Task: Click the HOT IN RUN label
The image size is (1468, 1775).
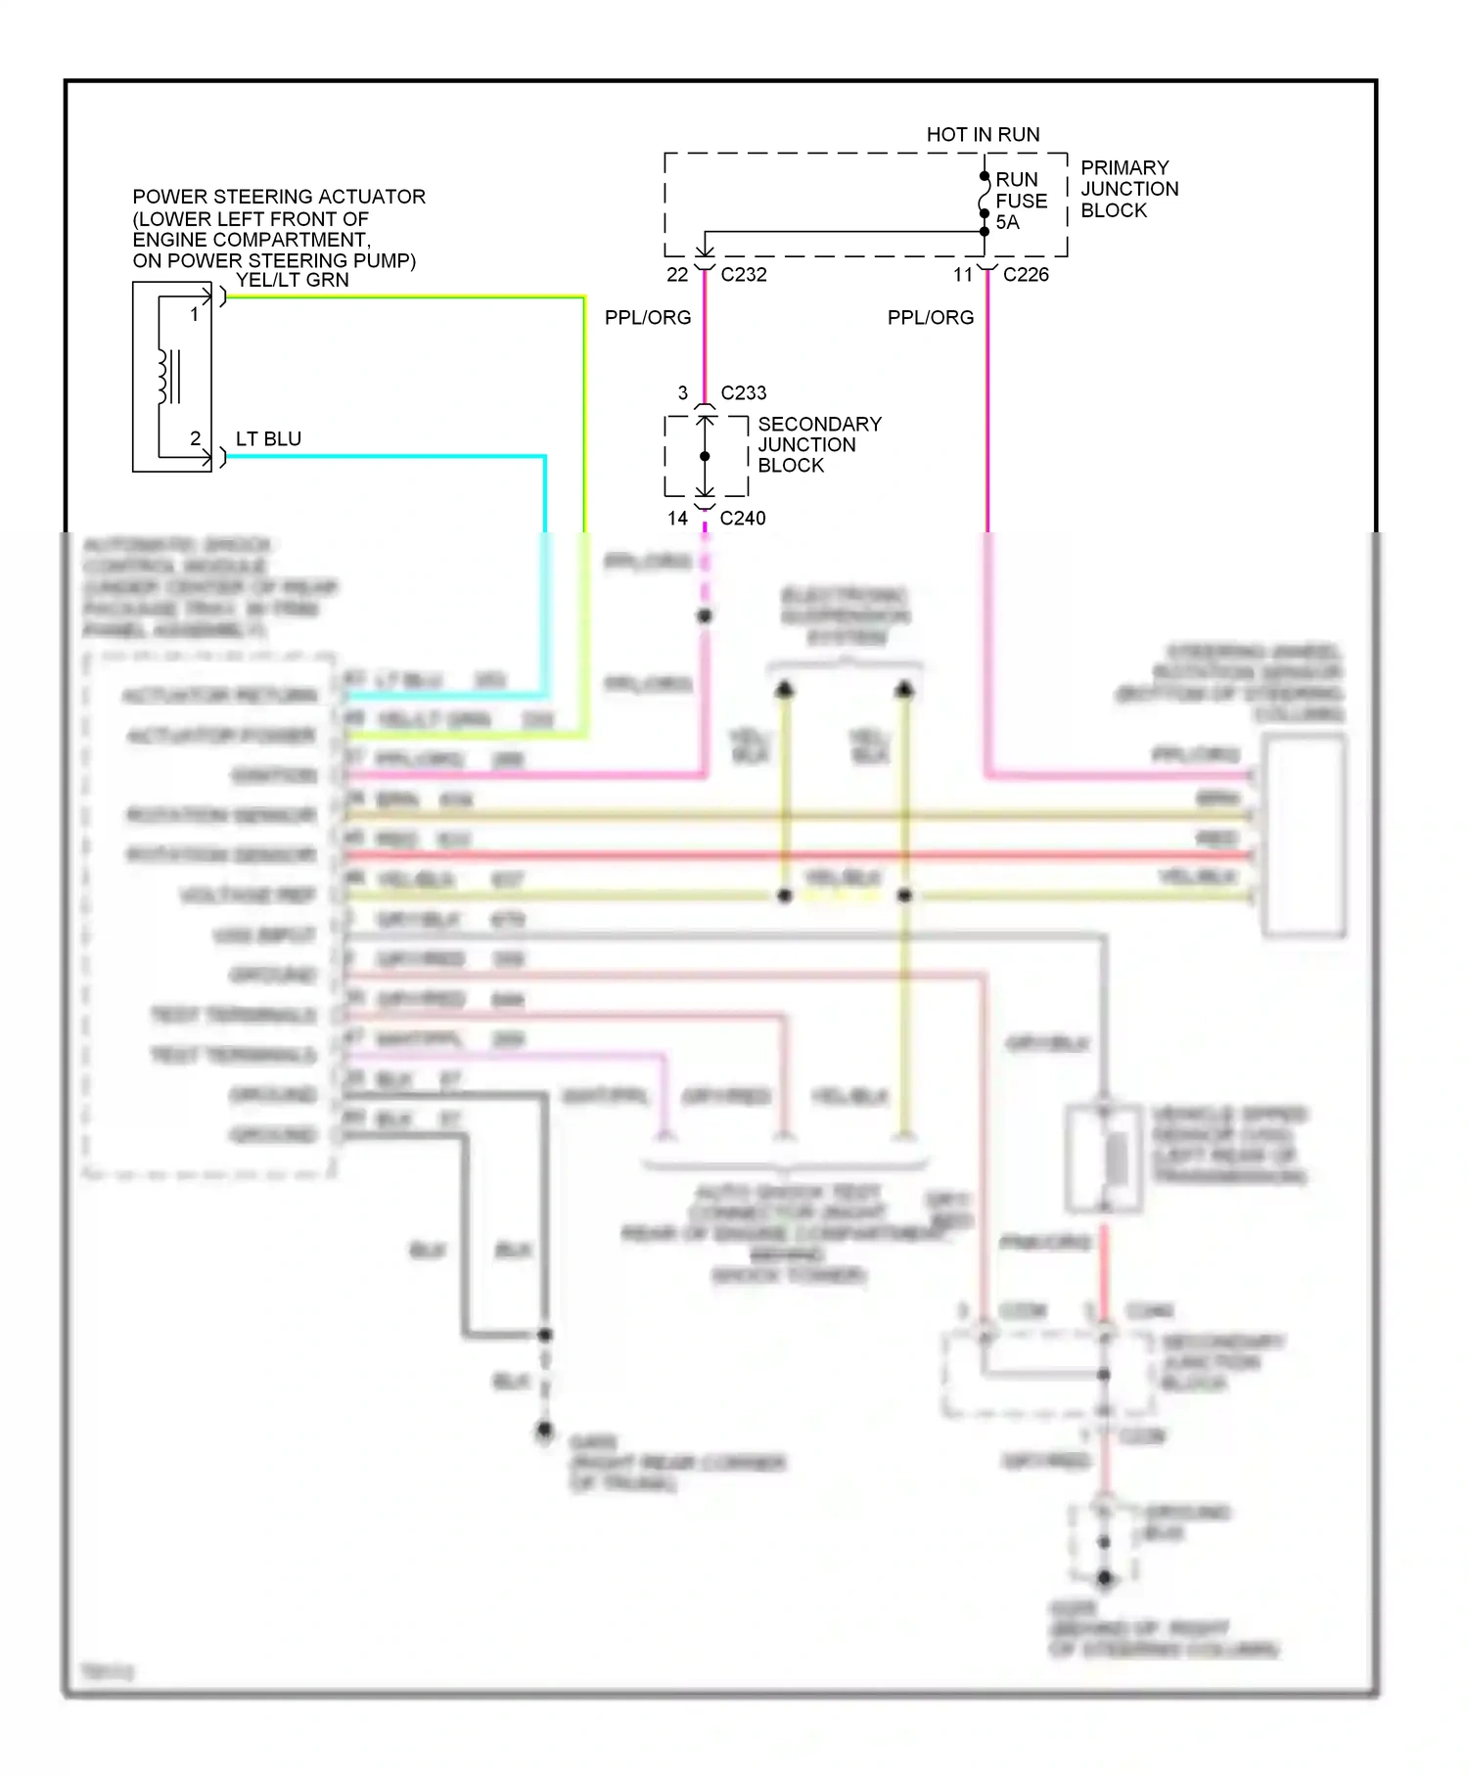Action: click(983, 134)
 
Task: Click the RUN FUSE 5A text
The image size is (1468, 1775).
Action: click(1021, 201)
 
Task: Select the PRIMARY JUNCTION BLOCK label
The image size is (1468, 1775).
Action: click(1128, 189)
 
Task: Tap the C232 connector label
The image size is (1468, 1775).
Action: click(744, 275)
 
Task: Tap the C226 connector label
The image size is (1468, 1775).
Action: click(1026, 275)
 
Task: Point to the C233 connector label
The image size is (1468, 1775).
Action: click(744, 393)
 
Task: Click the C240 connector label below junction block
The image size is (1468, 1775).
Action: click(743, 519)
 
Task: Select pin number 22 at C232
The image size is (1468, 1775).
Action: click(677, 275)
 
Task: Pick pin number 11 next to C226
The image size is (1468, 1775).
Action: click(963, 275)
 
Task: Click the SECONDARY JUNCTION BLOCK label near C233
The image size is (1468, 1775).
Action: click(819, 445)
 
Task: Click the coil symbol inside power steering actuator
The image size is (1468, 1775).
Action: click(163, 376)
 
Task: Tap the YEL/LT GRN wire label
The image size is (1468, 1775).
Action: click(292, 280)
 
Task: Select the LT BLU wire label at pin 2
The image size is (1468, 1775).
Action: click(268, 439)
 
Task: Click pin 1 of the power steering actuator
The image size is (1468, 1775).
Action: click(195, 314)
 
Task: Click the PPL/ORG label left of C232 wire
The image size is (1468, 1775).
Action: click(648, 318)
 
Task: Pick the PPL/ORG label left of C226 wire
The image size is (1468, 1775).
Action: click(931, 318)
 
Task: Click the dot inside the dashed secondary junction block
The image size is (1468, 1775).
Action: click(705, 456)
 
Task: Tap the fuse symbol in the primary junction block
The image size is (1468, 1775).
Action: click(984, 204)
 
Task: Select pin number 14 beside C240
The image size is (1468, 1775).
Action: click(677, 519)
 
